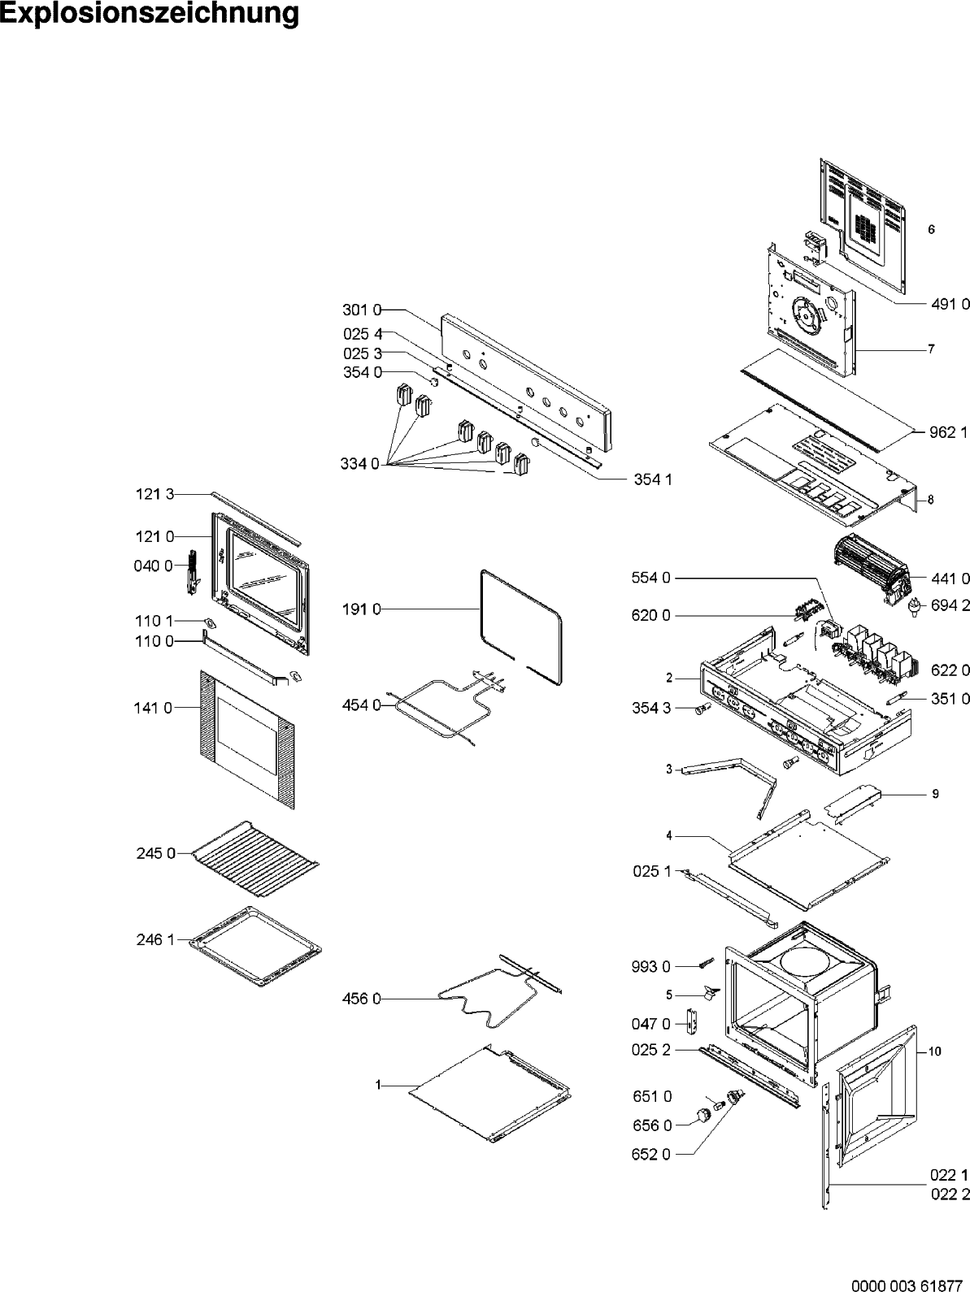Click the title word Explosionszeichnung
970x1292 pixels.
point(150,15)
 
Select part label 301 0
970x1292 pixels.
point(358,310)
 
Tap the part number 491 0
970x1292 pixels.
point(950,303)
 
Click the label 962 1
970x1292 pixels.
point(948,432)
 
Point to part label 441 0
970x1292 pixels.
point(950,579)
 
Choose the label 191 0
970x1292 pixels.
point(361,608)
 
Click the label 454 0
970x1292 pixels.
point(361,705)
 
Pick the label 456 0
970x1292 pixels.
point(361,999)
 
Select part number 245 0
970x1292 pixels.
point(155,853)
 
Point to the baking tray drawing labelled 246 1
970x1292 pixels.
point(254,947)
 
